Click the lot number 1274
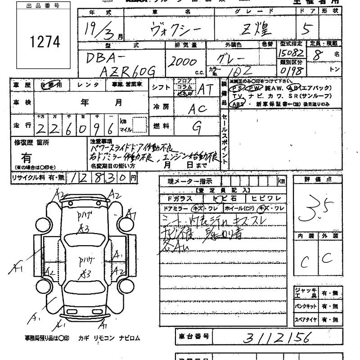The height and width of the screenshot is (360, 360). click(x=45, y=42)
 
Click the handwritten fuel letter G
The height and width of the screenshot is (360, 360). click(x=196, y=127)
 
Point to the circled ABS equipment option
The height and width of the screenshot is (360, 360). click(x=237, y=104)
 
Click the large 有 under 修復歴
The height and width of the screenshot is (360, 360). click(x=27, y=158)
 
